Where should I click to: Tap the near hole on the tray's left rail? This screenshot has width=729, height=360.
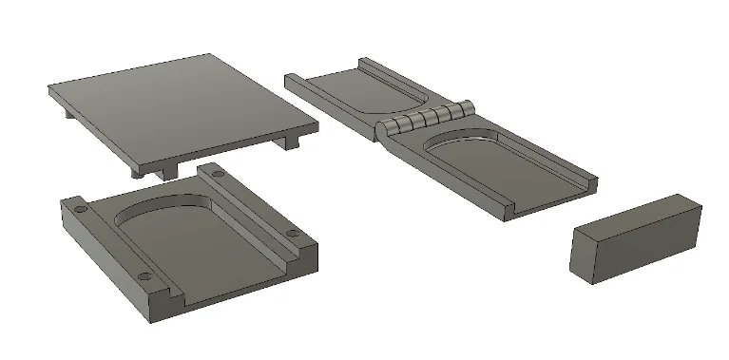click(144, 276)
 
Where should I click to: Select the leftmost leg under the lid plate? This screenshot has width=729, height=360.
click(72, 112)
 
